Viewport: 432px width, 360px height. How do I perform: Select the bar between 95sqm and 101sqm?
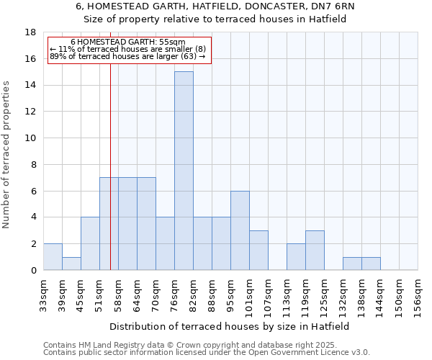[x=240, y=230]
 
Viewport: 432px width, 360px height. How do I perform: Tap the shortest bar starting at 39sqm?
[x=71, y=264]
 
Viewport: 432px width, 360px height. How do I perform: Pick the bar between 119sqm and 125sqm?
[x=315, y=251]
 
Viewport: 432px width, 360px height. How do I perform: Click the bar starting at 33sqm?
[x=53, y=257]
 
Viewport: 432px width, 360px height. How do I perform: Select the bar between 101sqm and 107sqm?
[x=258, y=251]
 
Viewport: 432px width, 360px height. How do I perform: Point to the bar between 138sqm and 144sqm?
[x=371, y=264]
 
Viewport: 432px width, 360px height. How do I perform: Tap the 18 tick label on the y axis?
[x=30, y=32]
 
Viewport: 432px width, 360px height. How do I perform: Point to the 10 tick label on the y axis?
[x=30, y=138]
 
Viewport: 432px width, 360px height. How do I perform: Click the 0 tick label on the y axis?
[x=33, y=271]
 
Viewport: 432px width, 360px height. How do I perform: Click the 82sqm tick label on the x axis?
[x=193, y=294]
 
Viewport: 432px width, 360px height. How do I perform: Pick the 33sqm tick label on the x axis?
[x=43, y=294]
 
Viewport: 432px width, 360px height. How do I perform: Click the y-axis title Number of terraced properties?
[x=7, y=154]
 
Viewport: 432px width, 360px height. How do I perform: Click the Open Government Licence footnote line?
[x=207, y=353]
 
